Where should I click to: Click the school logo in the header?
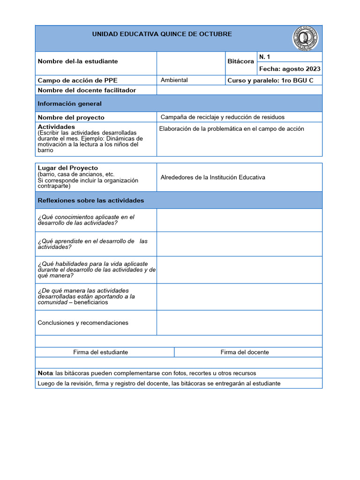coord(305,38)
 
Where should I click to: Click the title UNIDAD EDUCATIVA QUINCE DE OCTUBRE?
coord(162,34)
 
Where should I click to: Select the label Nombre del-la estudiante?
coord(78,61)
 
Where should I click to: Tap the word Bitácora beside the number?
coord(240,61)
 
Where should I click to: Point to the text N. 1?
coord(265,57)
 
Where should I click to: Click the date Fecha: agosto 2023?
coord(290,69)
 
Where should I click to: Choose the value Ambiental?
coord(174,80)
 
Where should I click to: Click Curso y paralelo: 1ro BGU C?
coord(270,80)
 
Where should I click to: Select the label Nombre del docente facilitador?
coord(87,90)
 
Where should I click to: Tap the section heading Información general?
coord(70,104)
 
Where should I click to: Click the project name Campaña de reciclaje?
coord(222,117)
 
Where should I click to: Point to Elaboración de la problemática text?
coord(232,129)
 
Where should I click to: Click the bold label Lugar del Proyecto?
coord(68,168)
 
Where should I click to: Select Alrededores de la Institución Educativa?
coord(213,177)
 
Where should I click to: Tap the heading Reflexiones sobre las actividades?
coord(91,200)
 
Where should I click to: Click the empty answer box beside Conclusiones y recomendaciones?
coord(239,322)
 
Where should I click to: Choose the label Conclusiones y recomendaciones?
coord(83,323)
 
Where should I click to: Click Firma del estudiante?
coord(101,352)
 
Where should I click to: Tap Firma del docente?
coord(245,352)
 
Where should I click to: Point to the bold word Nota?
coord(45,373)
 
